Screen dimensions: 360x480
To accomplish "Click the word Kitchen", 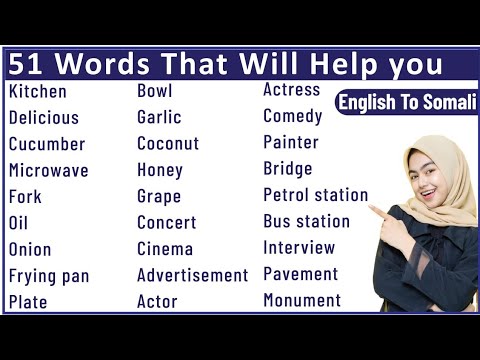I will click(38, 92).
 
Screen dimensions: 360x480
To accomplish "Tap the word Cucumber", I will click(47, 144).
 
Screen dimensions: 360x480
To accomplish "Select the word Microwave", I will click(48, 170).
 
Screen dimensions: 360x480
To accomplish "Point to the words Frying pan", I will click(49, 275).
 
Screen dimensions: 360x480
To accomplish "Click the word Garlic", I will click(159, 118).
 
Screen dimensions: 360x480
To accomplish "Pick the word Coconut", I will click(168, 144).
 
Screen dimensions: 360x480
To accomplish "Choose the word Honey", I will click(160, 170).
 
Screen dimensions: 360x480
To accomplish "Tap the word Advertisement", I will click(192, 275).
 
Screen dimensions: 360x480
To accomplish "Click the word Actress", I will click(291, 90).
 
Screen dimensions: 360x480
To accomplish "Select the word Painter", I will click(291, 142).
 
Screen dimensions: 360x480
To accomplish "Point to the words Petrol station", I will click(315, 195).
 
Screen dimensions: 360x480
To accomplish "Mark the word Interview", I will click(300, 247).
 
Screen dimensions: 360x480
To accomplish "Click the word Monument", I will click(302, 300).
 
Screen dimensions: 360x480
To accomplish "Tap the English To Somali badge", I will click(406, 102).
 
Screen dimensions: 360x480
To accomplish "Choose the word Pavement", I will click(301, 273).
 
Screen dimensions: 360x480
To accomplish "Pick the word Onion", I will click(30, 249).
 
